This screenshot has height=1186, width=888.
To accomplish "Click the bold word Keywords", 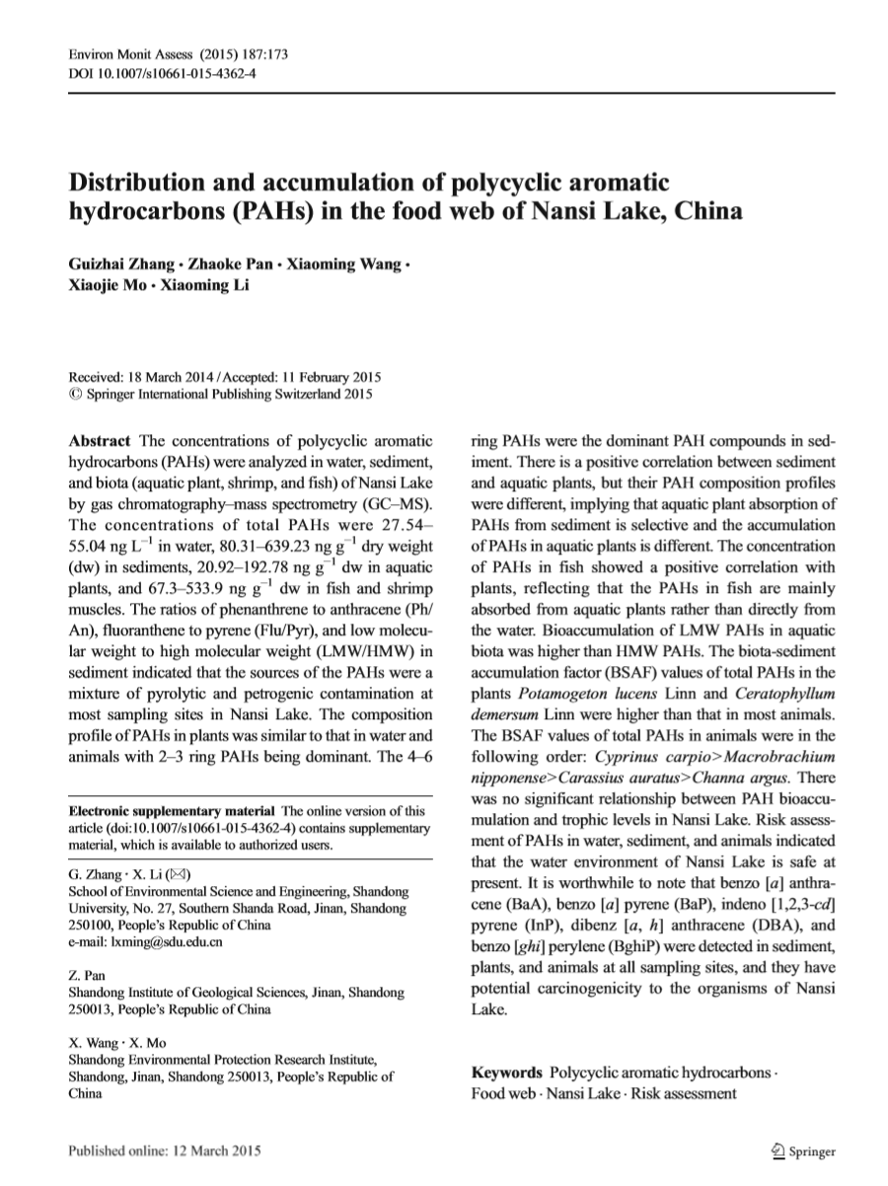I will click(x=507, y=1072).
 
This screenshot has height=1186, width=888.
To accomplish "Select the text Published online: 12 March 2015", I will click(x=164, y=1151).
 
